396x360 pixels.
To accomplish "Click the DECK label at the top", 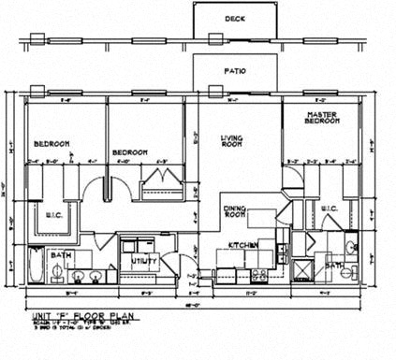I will click(234, 19).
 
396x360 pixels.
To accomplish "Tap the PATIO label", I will click(235, 69).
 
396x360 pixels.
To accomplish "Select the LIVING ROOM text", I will click(231, 142).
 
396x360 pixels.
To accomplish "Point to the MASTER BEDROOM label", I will click(321, 119).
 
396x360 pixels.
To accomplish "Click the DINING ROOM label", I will click(235, 212).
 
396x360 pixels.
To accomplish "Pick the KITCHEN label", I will click(242, 245).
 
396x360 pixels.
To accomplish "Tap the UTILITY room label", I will click(143, 261).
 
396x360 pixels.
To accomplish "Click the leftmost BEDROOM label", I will click(52, 144).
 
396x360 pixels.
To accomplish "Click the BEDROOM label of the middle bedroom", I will click(130, 151).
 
